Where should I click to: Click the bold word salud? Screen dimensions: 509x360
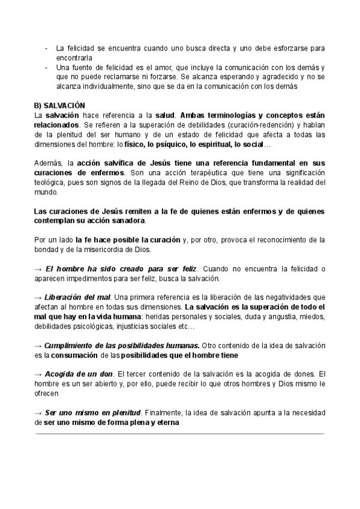click(x=164, y=114)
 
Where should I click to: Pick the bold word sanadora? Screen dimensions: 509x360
click(x=127, y=220)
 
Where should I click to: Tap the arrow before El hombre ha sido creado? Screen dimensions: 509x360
click(x=38, y=268)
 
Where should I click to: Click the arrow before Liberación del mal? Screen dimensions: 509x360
click(x=38, y=297)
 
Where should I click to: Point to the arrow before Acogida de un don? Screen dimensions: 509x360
click(x=38, y=374)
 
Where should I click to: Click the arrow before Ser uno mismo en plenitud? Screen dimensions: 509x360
click(x=38, y=412)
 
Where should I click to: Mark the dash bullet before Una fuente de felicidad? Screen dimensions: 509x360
click(x=47, y=67)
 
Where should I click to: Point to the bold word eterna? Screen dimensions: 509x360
click(x=167, y=422)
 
